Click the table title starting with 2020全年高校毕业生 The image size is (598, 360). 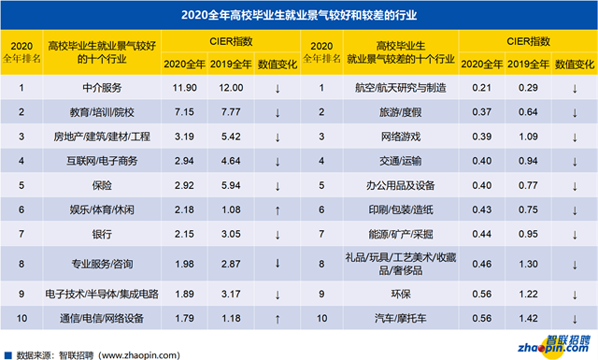(x=298, y=14)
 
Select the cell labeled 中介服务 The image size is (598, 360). (x=102, y=89)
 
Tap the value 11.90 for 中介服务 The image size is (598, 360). (x=179, y=89)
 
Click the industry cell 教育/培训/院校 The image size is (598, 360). (x=102, y=112)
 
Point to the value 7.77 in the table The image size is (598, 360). (x=229, y=112)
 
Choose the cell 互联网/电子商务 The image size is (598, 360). (x=102, y=161)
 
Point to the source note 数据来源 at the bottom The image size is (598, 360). (x=84, y=353)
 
